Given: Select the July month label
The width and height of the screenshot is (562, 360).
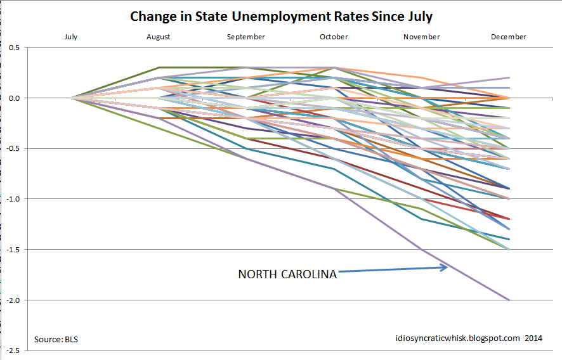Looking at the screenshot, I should [70, 37].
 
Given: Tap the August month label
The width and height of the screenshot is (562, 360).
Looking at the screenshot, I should [158, 37].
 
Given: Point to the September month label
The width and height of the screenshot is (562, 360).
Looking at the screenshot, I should [245, 37].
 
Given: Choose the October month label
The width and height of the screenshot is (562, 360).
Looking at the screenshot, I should [334, 37].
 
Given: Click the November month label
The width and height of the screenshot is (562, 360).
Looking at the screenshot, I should [421, 37].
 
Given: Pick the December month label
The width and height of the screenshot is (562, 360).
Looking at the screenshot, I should [509, 37].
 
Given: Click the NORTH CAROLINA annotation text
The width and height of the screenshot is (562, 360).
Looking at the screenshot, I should [287, 274].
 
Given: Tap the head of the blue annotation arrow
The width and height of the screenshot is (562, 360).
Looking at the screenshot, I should [446, 267].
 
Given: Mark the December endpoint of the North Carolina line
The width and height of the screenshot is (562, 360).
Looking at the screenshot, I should [509, 300].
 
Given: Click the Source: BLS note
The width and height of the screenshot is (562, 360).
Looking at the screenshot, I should [56, 339].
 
